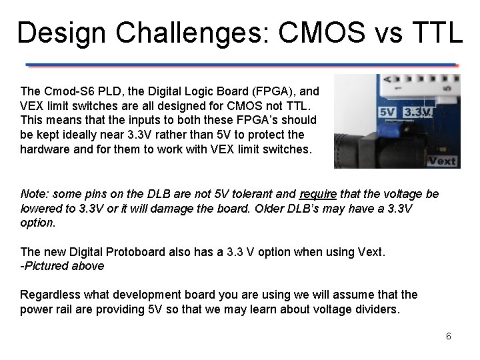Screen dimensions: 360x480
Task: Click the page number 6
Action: (x=449, y=336)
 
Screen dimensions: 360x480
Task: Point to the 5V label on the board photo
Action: (x=387, y=112)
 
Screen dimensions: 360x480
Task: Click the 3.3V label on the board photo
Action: (x=417, y=112)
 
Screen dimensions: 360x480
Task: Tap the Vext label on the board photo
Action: (x=441, y=161)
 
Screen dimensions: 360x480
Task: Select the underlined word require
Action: (x=318, y=194)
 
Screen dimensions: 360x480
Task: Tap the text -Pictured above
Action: (x=62, y=266)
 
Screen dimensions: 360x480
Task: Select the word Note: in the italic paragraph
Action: (x=35, y=194)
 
